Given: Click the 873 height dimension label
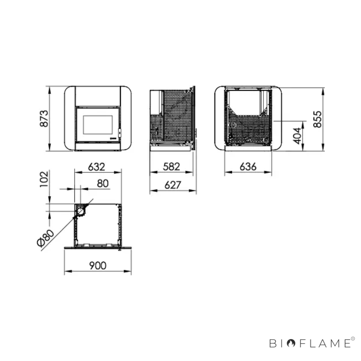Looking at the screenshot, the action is (x=44, y=119).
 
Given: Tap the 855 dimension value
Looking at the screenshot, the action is (x=317, y=119).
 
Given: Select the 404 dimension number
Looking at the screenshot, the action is (x=297, y=136).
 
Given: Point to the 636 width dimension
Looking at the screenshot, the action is (x=248, y=166).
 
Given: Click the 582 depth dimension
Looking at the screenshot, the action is (x=171, y=166).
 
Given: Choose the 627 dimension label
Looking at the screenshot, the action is (x=173, y=185).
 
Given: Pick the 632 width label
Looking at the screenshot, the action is (x=97, y=167).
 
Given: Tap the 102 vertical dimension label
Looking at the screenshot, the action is (x=44, y=179).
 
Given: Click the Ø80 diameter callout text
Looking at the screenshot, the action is (x=45, y=238).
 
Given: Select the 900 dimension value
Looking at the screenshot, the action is (x=97, y=265).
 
